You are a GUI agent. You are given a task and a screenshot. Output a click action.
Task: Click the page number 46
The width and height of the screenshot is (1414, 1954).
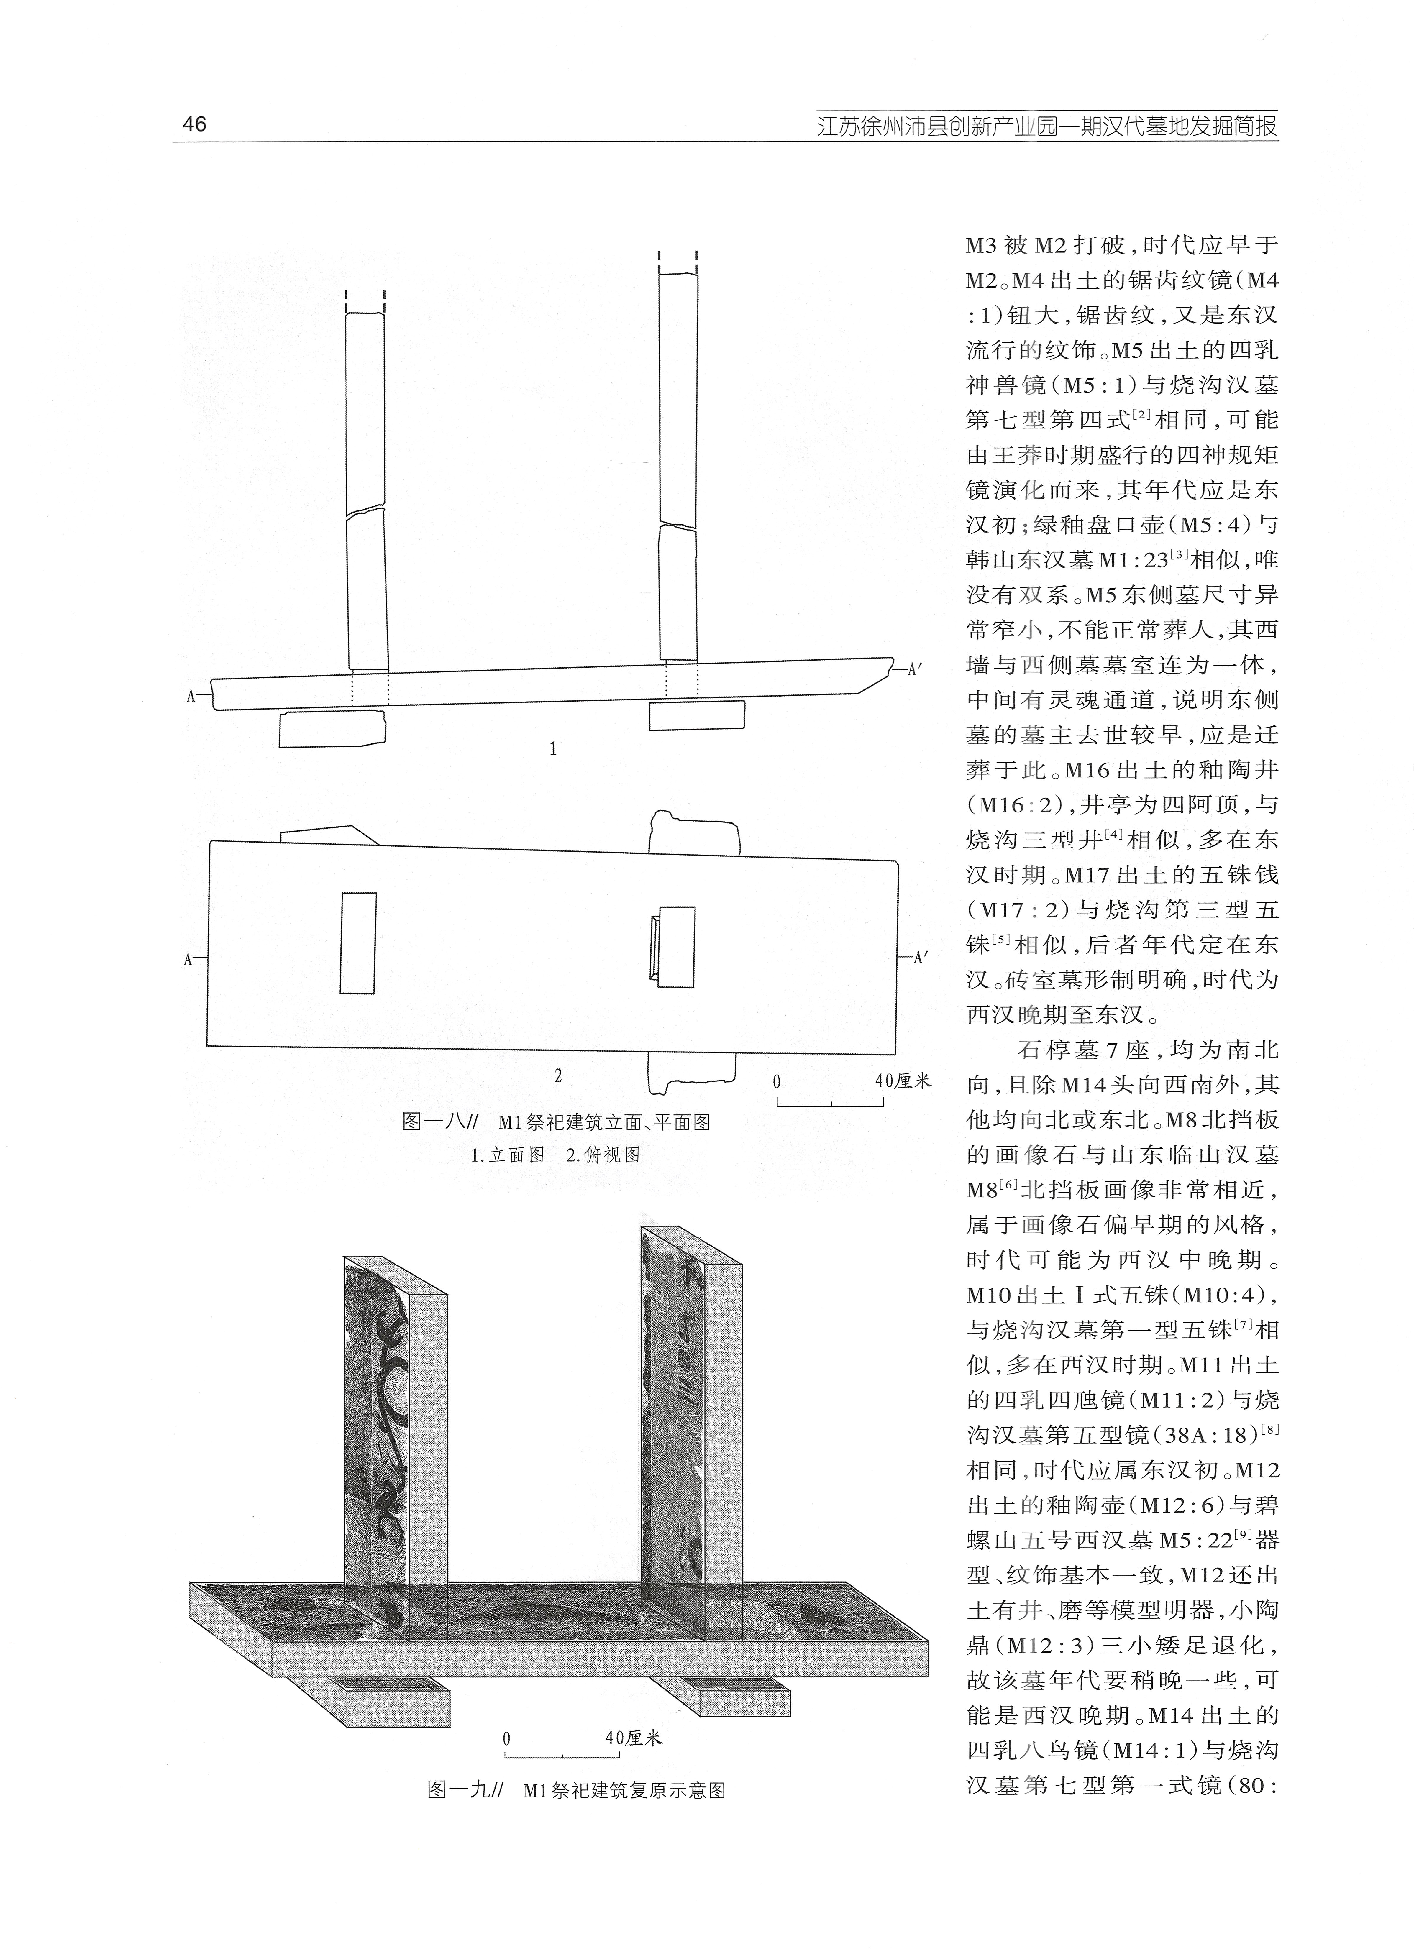pyautogui.click(x=195, y=124)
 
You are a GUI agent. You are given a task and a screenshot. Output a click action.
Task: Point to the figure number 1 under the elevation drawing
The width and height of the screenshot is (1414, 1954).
pyautogui.click(x=553, y=750)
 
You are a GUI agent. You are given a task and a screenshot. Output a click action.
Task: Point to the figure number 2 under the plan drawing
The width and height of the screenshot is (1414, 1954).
pyautogui.click(x=558, y=1075)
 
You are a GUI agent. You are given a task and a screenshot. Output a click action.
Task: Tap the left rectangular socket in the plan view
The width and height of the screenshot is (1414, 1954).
pyautogui.click(x=358, y=943)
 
